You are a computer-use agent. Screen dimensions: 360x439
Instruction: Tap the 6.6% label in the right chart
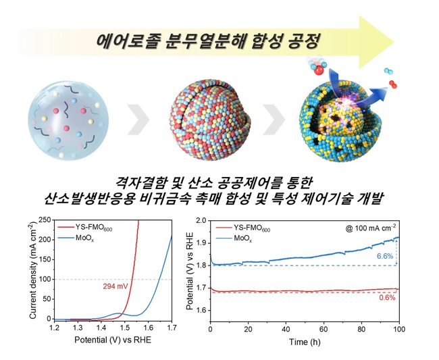pyautogui.click(x=384, y=257)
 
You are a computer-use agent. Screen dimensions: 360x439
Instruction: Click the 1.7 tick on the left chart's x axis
pyautogui.click(x=171, y=327)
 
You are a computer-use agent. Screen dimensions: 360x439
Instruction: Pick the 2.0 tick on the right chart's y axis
pyautogui.click(x=200, y=220)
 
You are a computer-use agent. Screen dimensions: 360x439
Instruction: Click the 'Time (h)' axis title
pyautogui.click(x=305, y=342)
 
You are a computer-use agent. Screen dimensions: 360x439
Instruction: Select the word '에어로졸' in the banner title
pyautogui.click(x=129, y=38)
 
